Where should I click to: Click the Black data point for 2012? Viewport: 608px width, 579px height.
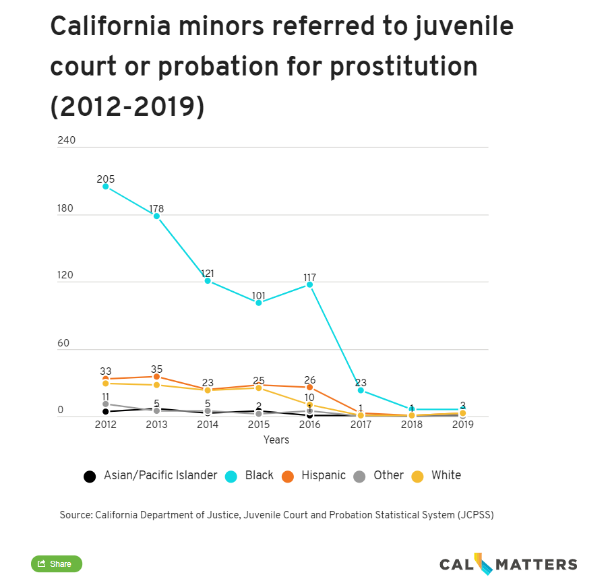click(x=106, y=186)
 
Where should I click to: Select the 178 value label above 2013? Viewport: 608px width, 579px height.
click(x=156, y=209)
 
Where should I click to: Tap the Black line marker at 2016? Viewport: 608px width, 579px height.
click(x=310, y=284)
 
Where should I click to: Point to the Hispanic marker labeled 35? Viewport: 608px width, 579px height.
click(x=156, y=377)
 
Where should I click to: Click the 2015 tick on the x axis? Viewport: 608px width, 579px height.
click(x=258, y=425)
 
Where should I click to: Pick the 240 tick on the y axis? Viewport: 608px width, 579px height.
click(x=67, y=140)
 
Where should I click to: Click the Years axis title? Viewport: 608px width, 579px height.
click(x=276, y=440)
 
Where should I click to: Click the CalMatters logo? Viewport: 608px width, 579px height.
click(x=508, y=564)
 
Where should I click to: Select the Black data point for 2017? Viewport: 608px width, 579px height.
click(x=361, y=390)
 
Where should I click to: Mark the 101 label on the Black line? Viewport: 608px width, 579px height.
click(x=258, y=295)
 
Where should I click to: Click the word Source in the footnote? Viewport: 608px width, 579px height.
click(x=75, y=515)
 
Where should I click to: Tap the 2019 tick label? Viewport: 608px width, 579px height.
click(x=462, y=425)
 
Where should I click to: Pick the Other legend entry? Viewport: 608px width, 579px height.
click(x=379, y=476)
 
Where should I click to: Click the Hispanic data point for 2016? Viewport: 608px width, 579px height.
click(x=310, y=388)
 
